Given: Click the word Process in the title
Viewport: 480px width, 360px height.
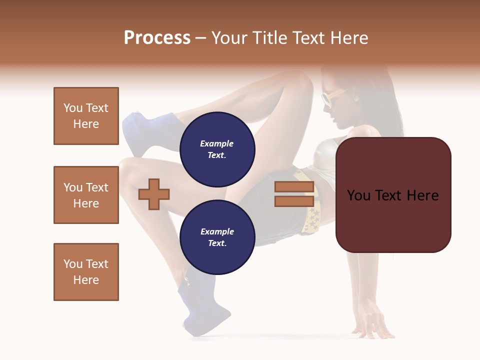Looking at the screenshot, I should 157,38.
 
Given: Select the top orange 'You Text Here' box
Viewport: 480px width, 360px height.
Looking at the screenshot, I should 86,116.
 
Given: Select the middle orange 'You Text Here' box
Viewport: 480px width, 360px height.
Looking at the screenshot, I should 86,195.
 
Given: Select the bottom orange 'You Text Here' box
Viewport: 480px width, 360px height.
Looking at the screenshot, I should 86,272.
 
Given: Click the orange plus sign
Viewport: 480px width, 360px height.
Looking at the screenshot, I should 154,194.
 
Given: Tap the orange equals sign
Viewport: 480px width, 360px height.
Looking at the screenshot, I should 294,194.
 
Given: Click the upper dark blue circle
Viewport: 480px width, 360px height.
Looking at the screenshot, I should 217,149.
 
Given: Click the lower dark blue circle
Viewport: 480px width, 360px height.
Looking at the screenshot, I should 217,237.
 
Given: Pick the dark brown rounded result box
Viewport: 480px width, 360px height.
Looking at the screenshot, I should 393,195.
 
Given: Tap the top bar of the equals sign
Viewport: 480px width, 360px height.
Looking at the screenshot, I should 294,187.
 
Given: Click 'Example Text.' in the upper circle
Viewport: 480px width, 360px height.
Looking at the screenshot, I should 217,149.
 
